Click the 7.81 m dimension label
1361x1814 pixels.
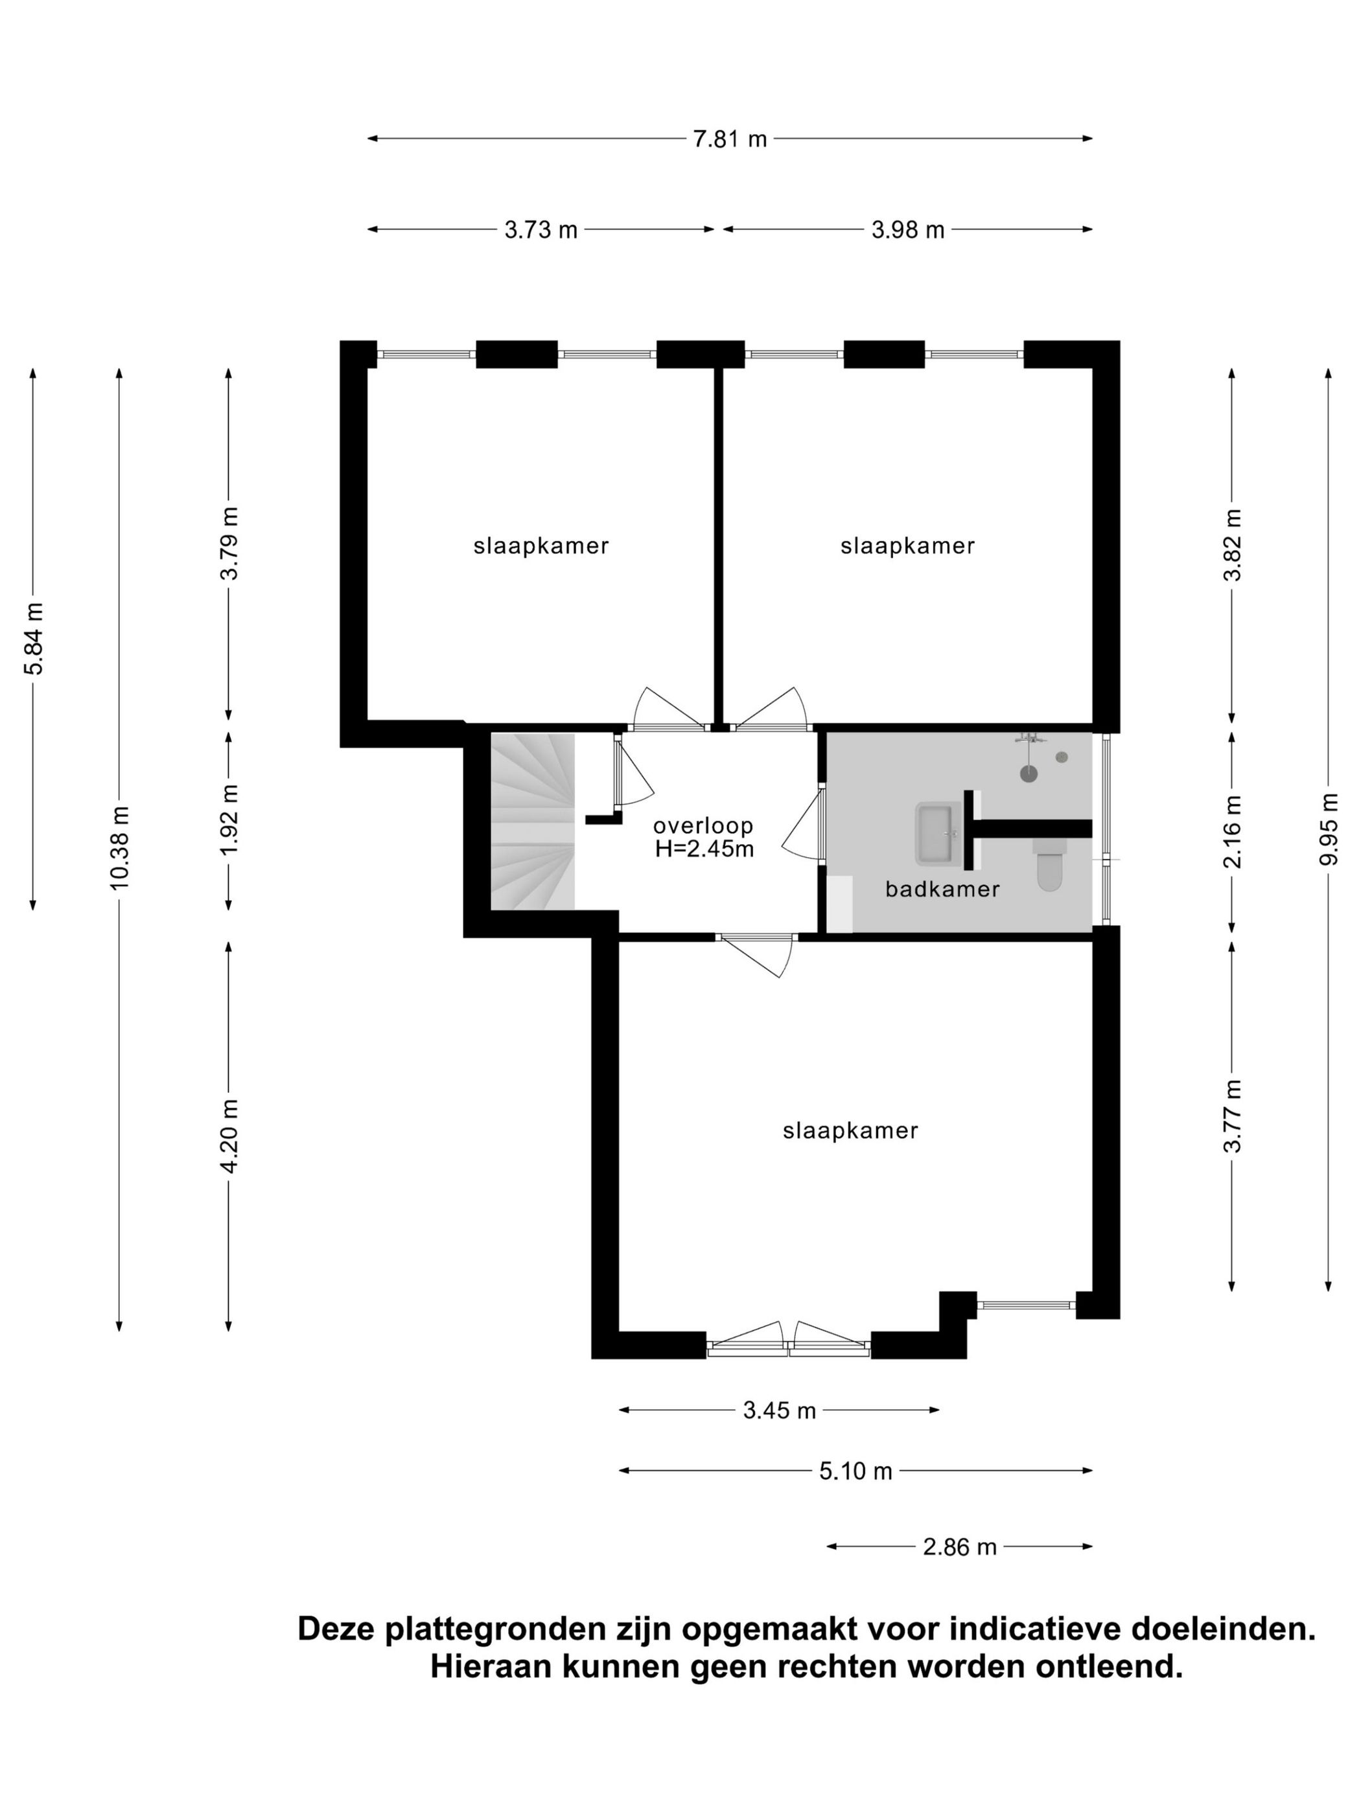click(x=729, y=139)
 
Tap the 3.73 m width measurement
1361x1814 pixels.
click(x=541, y=229)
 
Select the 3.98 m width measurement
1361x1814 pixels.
click(x=908, y=229)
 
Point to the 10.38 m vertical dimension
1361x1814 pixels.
click(x=120, y=847)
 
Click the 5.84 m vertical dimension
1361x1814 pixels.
click(x=34, y=637)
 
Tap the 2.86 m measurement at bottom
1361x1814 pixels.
click(x=959, y=1546)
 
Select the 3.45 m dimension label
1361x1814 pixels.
click(x=780, y=1410)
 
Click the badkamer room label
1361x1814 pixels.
click(x=942, y=889)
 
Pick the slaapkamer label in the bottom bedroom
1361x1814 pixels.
click(x=850, y=1131)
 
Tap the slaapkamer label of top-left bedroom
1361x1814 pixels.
click(x=541, y=546)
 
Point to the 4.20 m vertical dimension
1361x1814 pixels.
click(x=229, y=1136)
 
